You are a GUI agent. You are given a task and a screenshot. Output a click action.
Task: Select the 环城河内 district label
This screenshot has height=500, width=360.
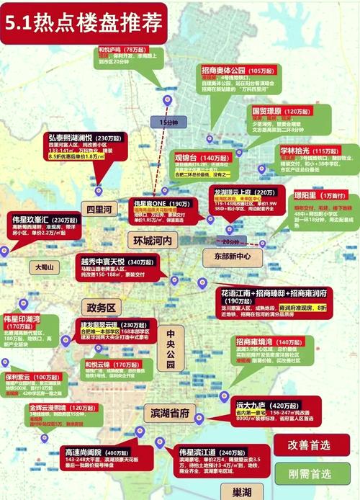point(150,239)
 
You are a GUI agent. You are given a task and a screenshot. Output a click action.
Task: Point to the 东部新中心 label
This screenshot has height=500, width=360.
point(227,256)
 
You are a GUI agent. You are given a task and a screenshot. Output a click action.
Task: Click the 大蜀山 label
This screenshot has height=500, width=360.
point(45,267)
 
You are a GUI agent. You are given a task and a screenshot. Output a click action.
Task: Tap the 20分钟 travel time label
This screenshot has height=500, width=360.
point(233,241)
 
